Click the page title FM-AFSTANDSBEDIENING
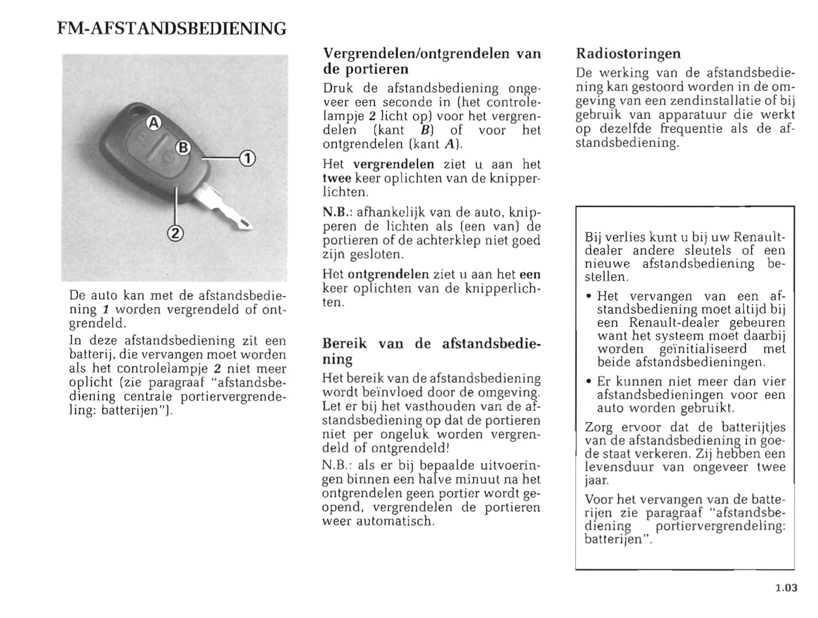pyautogui.click(x=172, y=28)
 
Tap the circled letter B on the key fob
pyautogui.click(x=183, y=148)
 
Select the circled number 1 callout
pyautogui.click(x=247, y=158)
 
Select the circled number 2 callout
pyautogui.click(x=175, y=232)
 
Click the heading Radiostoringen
pyautogui.click(x=628, y=54)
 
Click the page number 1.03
pyautogui.click(x=786, y=587)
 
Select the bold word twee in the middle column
pyautogui.click(x=337, y=178)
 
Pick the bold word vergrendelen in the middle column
pyautogui.click(x=393, y=164)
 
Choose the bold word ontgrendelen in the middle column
pyautogui.click(x=388, y=275)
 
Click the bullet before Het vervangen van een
pyautogui.click(x=589, y=296)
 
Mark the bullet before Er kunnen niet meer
pyautogui.click(x=589, y=382)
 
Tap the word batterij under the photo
pyautogui.click(x=90, y=355)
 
